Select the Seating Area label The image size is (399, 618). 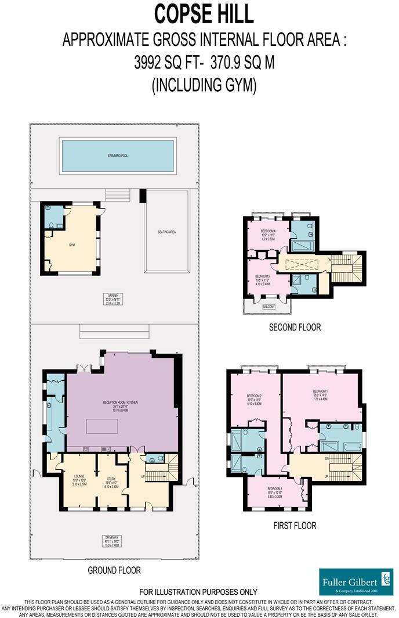(166, 232)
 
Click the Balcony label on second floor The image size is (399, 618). (269, 306)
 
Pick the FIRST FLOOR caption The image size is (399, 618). (294, 526)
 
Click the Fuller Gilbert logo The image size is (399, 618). (356, 582)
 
